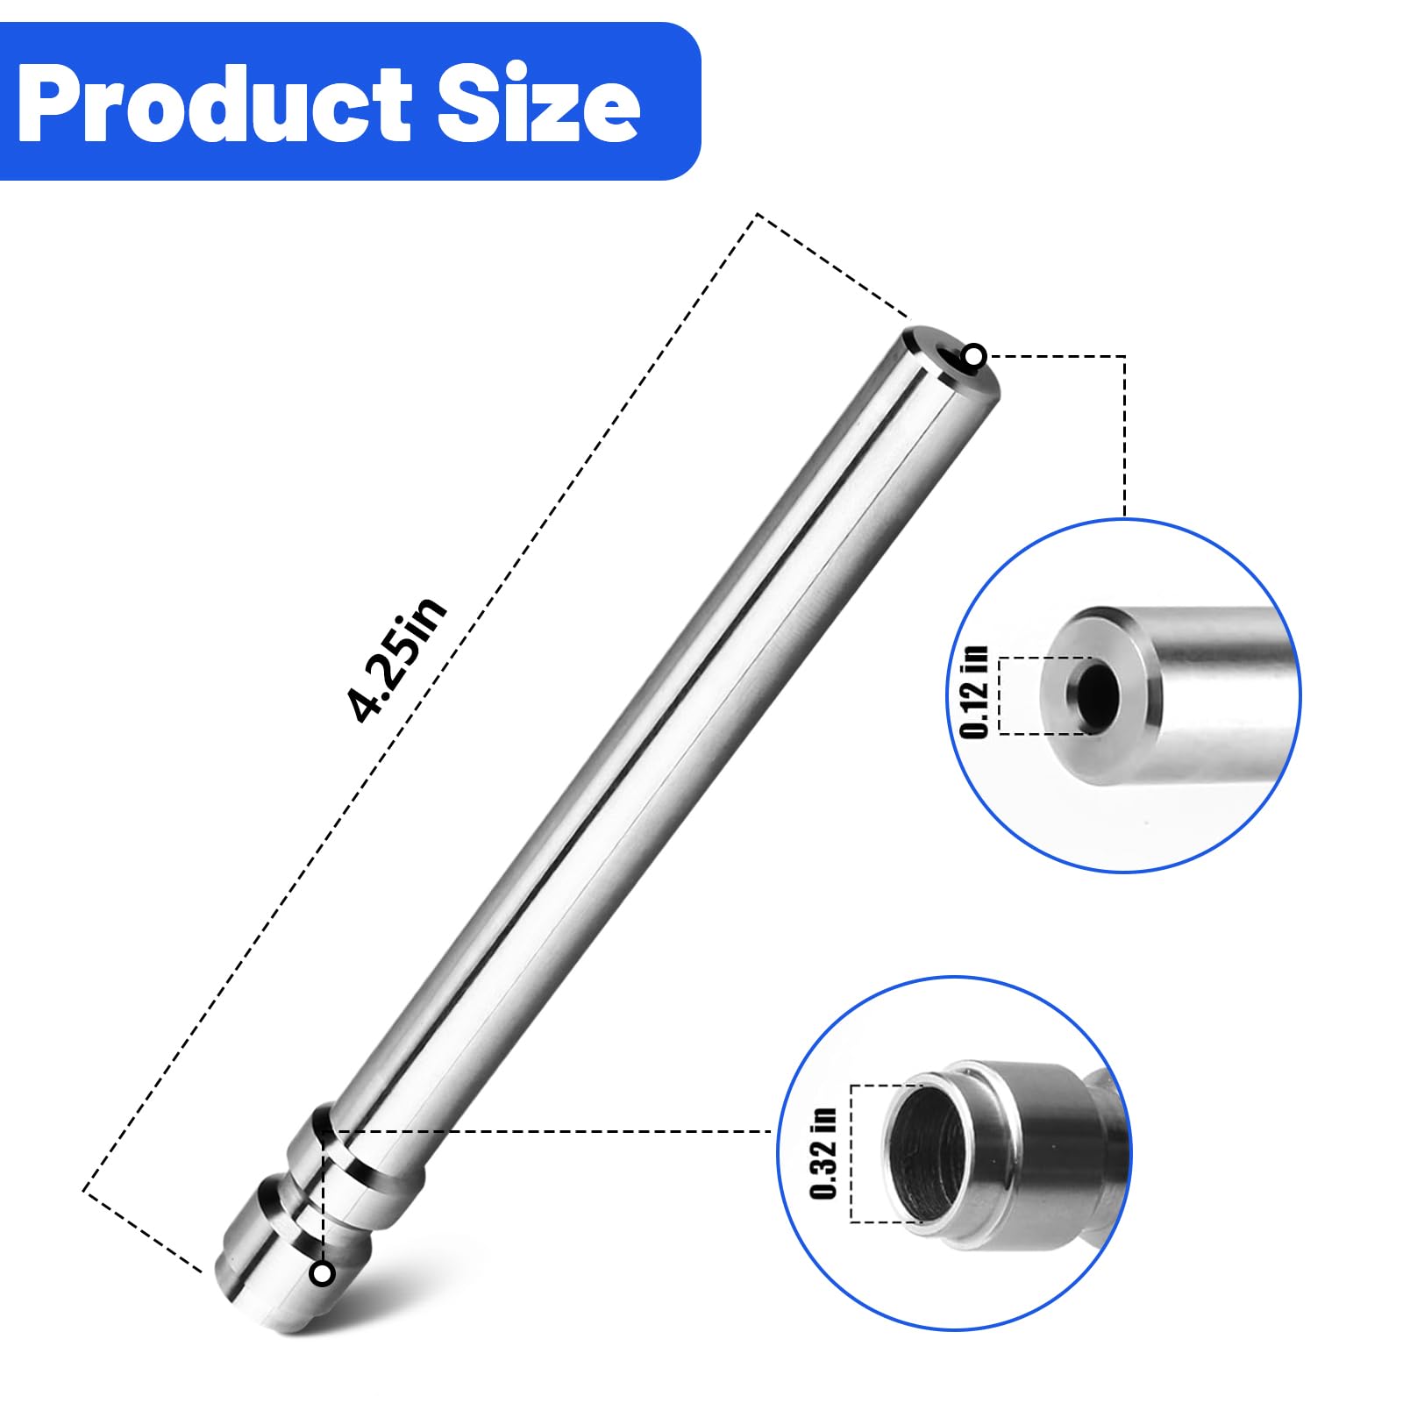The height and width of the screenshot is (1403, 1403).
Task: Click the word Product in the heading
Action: tap(215, 103)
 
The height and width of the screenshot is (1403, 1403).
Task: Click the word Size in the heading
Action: tap(538, 103)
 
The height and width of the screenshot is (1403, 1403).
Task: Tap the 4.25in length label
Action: tap(396, 659)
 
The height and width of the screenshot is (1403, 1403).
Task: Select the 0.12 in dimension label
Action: tap(974, 693)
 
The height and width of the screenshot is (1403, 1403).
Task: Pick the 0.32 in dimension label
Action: tap(824, 1153)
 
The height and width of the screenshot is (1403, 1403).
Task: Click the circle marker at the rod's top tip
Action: tap(974, 356)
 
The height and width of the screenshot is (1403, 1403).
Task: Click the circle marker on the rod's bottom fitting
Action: tap(323, 1273)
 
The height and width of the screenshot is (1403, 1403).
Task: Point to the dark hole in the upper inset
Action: tap(1093, 695)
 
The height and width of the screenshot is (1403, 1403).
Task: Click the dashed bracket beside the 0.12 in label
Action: tap(1001, 695)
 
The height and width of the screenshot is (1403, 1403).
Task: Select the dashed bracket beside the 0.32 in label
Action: tap(852, 1153)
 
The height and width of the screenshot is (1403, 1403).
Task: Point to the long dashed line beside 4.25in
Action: tap(421, 701)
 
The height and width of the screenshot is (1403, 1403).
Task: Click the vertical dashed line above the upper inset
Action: tap(1124, 438)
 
